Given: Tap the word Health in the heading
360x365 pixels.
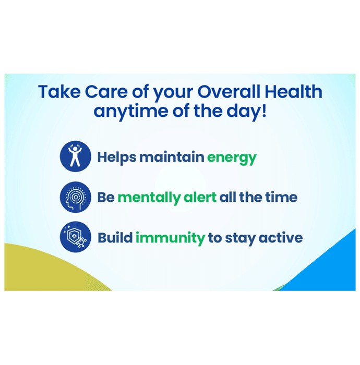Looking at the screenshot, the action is click(294, 91).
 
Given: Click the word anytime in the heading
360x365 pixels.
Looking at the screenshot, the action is click(130, 111).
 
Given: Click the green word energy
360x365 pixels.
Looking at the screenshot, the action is click(232, 158).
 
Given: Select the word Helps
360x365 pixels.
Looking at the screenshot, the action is click(117, 157).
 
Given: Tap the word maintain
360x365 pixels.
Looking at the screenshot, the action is click(172, 156).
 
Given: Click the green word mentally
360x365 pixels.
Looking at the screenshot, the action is click(149, 198).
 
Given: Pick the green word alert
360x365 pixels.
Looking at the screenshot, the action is click(200, 197).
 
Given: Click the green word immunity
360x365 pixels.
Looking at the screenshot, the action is click(170, 238).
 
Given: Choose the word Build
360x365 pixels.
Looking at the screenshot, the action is click(115, 238).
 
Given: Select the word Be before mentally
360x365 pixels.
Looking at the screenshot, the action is click(106, 198).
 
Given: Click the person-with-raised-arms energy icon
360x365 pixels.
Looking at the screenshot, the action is click(76, 156).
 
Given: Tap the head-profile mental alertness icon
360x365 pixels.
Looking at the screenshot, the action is click(76, 197).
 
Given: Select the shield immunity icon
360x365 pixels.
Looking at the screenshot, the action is click(76, 237).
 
